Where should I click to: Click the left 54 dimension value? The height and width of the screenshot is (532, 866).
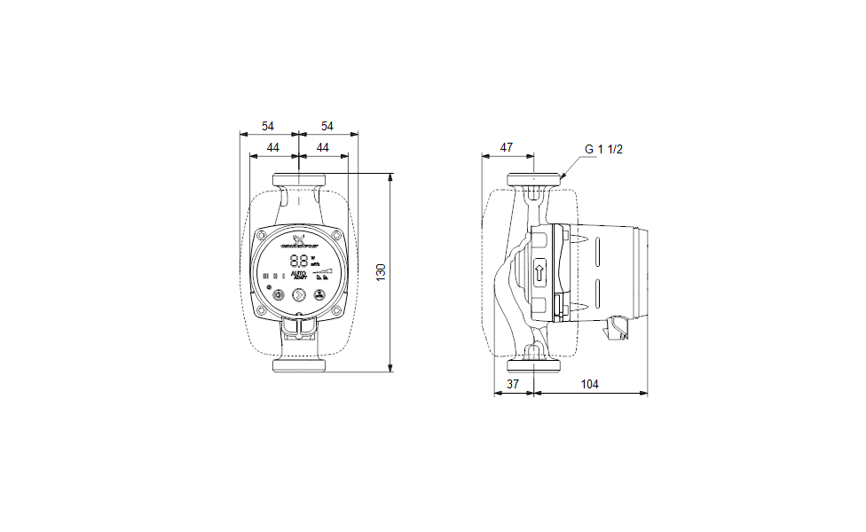coord(268,126)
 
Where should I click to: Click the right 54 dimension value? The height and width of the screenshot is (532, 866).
coord(327,126)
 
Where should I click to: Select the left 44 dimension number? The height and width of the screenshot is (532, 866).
coord(273,147)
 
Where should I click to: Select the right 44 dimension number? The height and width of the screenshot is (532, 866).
coord(323,147)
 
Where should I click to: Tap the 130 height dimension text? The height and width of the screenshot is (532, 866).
coord(382,272)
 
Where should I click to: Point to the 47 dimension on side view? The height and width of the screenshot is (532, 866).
coord(507,147)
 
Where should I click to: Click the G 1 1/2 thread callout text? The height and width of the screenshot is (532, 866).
coord(603,149)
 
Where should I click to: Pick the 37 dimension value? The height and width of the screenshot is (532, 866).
coord(513,384)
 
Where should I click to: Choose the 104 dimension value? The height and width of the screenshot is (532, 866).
coord(589,384)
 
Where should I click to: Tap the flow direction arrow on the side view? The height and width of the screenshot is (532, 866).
coord(539,271)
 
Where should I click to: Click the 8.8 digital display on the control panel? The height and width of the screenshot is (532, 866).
coord(300,262)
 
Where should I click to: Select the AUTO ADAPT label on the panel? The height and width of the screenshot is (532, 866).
coord(300,276)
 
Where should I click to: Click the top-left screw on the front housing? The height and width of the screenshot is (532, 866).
coord(263,235)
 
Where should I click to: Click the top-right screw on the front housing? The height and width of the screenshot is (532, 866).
coord(337,235)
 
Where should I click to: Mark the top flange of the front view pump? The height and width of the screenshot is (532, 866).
coord(299,180)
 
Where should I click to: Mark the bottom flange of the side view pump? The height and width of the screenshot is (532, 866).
coord(534,364)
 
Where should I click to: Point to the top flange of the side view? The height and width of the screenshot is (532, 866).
coord(534,180)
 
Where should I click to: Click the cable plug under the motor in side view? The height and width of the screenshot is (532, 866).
coord(618,331)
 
